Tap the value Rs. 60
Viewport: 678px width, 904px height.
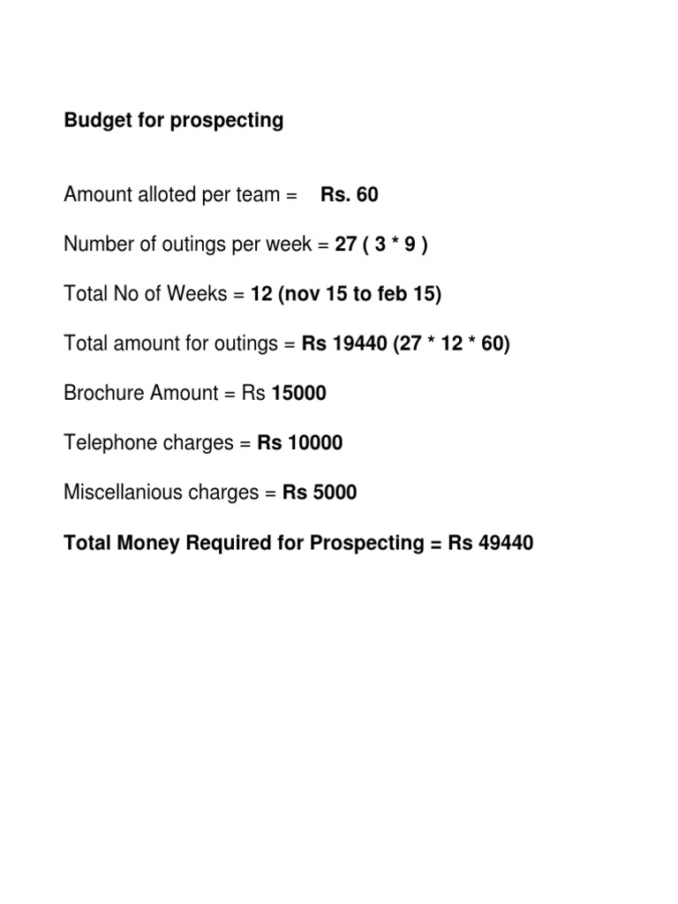point(350,194)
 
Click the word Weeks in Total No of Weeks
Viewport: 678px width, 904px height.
point(199,294)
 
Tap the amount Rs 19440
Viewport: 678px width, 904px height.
point(344,343)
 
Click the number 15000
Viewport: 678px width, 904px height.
point(298,393)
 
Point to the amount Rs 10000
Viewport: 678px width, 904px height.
point(299,442)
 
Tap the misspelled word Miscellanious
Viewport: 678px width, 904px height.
point(123,493)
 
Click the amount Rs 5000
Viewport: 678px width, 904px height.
point(320,493)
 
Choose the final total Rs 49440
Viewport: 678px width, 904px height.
point(491,543)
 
